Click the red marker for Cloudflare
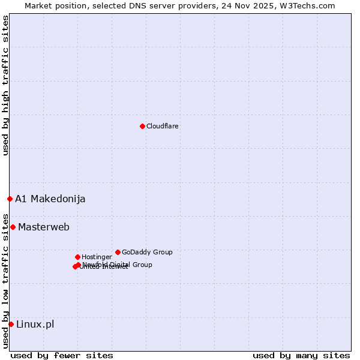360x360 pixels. (142, 126)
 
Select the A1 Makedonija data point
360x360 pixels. (10, 199)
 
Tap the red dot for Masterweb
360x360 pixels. (13, 227)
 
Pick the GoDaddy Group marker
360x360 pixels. (118, 252)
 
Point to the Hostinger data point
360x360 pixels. (77, 257)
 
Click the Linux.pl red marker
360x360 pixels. (11, 324)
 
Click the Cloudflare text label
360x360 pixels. (163, 126)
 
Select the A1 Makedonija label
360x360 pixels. (50, 199)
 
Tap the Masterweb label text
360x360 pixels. (44, 227)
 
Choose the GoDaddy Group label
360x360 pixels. (147, 252)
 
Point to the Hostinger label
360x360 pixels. (97, 257)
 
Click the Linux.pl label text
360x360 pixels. (35, 324)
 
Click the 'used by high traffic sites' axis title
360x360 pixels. (5, 86)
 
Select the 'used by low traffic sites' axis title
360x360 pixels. (5, 281)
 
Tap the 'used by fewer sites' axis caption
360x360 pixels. (62, 355)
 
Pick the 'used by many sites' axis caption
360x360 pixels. (301, 355)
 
